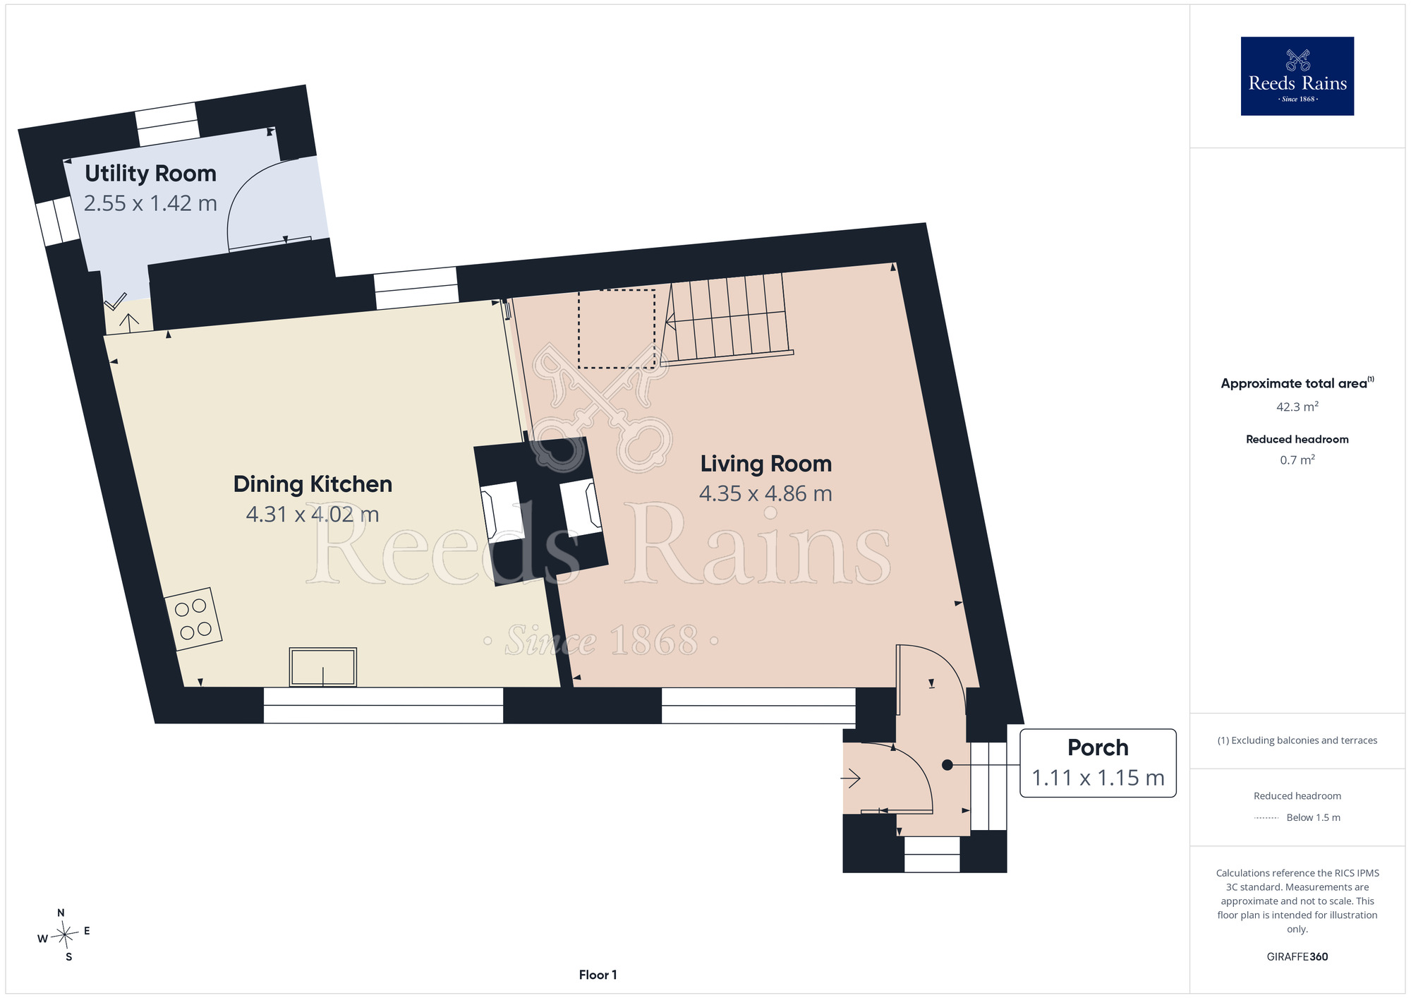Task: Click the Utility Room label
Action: point(150,174)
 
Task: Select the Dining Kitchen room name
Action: point(313,484)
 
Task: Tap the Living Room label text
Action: point(766,464)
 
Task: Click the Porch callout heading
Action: point(1098,747)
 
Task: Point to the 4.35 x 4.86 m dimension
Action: point(765,493)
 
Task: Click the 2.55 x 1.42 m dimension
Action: point(150,203)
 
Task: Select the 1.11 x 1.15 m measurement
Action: point(1098,778)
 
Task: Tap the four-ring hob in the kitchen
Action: point(193,619)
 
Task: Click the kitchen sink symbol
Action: point(323,667)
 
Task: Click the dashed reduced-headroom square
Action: point(617,328)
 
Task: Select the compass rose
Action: point(64,935)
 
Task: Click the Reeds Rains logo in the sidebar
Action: point(1297,76)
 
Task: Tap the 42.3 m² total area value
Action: point(1297,407)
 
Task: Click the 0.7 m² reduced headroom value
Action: point(1297,459)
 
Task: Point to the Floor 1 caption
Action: point(598,975)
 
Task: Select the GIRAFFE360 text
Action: point(1297,957)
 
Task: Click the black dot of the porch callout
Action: point(947,765)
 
